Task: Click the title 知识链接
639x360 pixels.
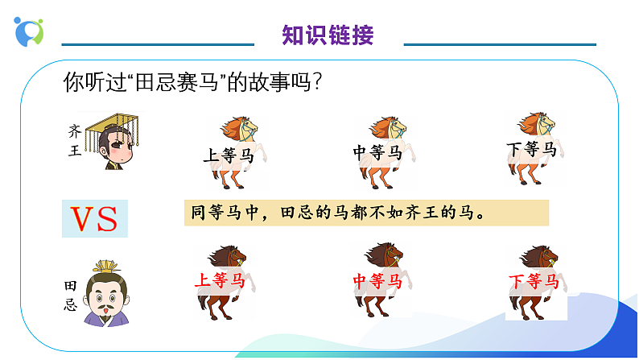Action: (328, 35)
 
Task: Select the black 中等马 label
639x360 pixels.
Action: (377, 151)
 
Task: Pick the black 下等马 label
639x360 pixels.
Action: (531, 149)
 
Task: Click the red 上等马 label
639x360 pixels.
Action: (219, 280)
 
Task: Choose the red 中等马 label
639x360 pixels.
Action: (377, 281)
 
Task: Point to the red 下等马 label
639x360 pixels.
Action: (534, 281)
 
